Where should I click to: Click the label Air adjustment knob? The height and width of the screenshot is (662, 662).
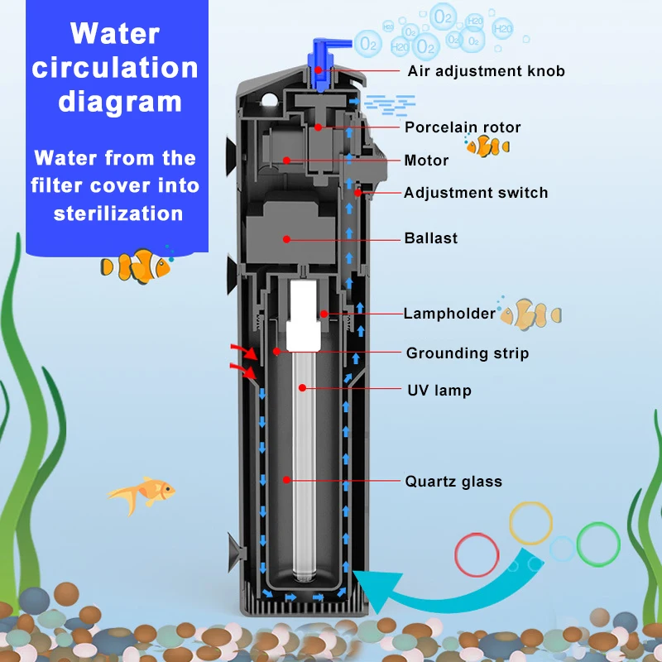tap(486, 71)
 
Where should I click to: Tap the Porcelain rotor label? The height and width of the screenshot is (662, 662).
tap(463, 127)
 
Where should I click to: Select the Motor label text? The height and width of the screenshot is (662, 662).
tap(426, 161)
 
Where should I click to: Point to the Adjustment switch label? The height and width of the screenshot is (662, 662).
tap(476, 193)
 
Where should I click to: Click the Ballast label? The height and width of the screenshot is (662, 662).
tap(431, 238)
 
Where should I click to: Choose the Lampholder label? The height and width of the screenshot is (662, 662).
tap(449, 314)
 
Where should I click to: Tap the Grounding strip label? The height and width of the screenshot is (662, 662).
tap(467, 353)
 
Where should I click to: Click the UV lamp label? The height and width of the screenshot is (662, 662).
tap(439, 390)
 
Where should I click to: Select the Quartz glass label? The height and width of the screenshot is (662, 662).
tap(453, 482)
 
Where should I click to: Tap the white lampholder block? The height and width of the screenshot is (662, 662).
tap(304, 314)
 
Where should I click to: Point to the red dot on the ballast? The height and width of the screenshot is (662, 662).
tap(286, 238)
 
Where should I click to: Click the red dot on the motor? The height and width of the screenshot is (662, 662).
tap(286, 160)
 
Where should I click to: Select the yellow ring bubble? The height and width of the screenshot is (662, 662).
tap(530, 523)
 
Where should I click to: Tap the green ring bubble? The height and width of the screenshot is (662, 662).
tap(598, 543)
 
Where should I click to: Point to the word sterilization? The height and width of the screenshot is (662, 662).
tap(118, 213)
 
